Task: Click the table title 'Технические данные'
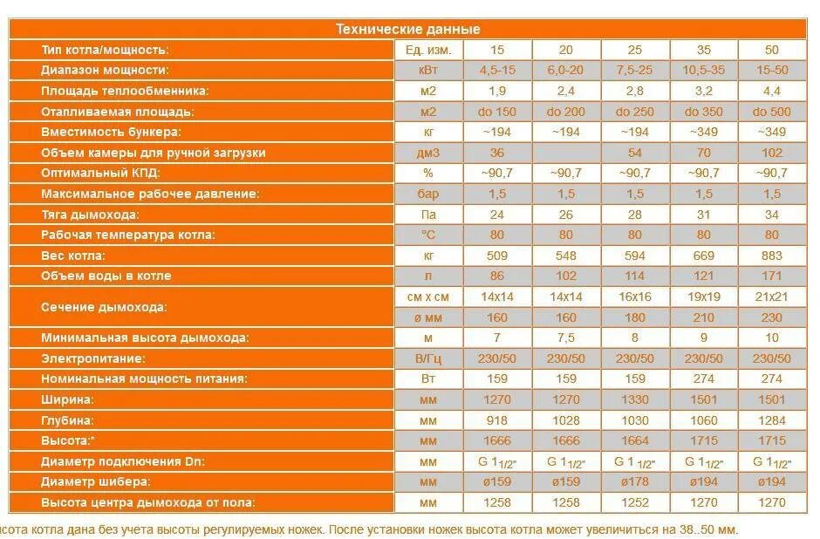point(408,29)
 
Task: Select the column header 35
point(704,50)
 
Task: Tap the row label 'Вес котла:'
point(73,256)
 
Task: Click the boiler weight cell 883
point(770,256)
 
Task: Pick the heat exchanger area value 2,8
point(634,91)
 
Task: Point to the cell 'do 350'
point(704,112)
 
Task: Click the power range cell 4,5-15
point(497,70)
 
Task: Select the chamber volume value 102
point(770,153)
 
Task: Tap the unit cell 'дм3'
point(427,153)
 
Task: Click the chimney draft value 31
point(704,215)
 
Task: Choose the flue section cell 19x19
point(704,297)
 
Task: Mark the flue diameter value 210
point(704,317)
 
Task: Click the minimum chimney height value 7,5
point(566,338)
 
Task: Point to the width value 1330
point(634,399)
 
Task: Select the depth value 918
point(497,420)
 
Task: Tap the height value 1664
point(634,441)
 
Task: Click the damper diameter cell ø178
point(634,482)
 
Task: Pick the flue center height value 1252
point(634,503)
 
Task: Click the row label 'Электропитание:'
point(92,358)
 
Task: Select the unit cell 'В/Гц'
point(427,358)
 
